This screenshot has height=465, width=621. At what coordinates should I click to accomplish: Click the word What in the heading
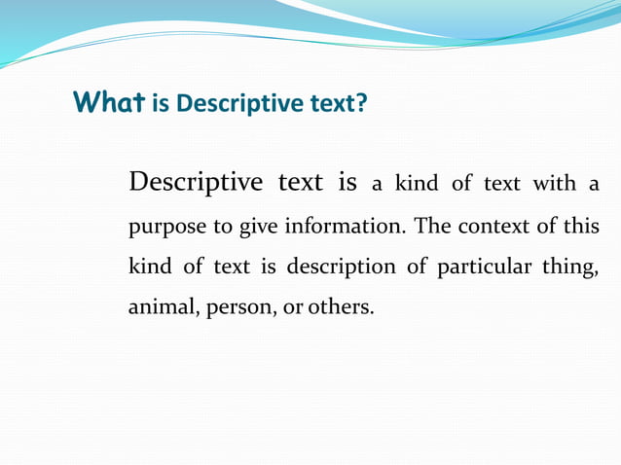109,101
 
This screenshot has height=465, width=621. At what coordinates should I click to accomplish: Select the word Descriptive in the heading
229,102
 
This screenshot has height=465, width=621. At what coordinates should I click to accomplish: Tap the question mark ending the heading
363,102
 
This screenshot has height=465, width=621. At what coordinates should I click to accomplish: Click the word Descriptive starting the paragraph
196,183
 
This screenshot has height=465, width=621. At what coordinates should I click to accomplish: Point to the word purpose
166,228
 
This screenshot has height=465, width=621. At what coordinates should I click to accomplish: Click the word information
347,227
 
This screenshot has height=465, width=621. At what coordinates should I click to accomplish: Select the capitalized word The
432,227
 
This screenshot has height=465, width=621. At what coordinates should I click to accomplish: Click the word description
347,268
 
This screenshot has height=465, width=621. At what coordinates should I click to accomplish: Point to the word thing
572,268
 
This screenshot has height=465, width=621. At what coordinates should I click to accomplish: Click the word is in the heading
161,102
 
